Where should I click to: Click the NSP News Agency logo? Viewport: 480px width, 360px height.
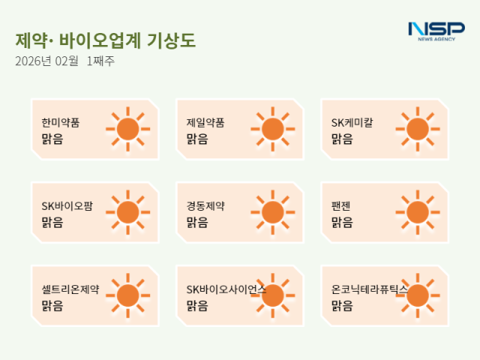(436, 31)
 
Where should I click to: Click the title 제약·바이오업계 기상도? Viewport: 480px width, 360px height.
(105, 40)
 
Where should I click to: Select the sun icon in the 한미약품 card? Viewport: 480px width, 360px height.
(127, 129)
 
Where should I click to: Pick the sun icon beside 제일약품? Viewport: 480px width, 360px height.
(272, 129)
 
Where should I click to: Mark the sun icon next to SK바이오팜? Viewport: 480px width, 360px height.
(127, 212)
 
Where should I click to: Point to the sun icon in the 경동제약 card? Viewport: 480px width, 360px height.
(272, 212)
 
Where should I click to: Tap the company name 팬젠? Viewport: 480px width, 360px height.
(342, 205)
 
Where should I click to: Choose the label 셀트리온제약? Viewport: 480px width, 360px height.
(70, 289)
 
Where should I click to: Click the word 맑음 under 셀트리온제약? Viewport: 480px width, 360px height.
(52, 306)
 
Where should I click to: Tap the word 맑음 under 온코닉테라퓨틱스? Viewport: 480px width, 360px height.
(342, 306)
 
